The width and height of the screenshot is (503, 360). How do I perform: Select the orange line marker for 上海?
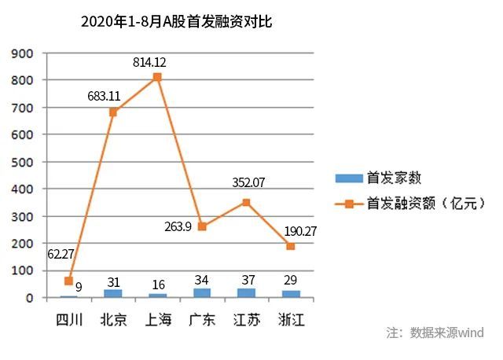pos(157,77)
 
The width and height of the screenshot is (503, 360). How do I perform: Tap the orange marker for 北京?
pos(113,112)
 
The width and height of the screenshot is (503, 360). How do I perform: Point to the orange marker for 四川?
pos(68,281)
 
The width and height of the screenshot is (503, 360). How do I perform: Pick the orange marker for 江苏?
pos(246,202)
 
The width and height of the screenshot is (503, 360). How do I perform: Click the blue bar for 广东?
pos(202,293)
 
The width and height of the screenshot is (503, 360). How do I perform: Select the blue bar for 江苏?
pos(246,292)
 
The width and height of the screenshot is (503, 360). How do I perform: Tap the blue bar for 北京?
pos(113,293)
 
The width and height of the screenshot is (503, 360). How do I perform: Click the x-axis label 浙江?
pos(291,319)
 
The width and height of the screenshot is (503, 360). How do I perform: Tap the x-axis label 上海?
pos(157,319)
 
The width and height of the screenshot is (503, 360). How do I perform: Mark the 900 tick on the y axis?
pos(23,53)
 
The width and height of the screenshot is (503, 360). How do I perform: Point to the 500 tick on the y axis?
pos(23,162)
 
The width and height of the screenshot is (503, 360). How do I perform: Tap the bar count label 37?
pos(246,281)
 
